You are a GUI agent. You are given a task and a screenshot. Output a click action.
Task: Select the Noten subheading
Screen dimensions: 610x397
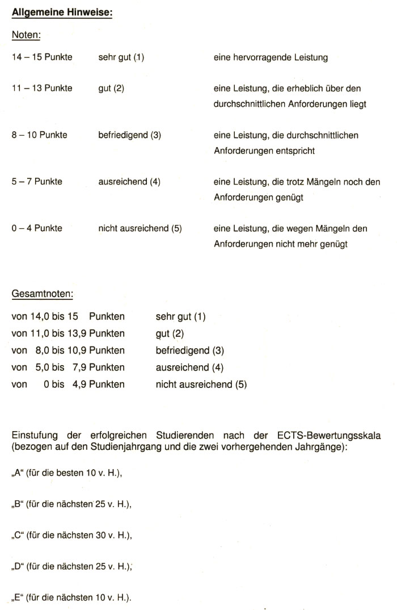coord(25,35)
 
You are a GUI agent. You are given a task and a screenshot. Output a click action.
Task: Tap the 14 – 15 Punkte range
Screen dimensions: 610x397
coord(42,57)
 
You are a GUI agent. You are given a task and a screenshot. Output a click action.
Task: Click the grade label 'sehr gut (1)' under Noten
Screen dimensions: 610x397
coord(121,57)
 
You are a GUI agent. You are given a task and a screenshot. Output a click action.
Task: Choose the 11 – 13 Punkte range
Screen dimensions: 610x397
coord(42,88)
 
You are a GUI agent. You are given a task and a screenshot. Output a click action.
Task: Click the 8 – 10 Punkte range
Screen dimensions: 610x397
coord(40,135)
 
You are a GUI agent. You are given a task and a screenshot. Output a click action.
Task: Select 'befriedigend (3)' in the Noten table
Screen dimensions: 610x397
coord(130,135)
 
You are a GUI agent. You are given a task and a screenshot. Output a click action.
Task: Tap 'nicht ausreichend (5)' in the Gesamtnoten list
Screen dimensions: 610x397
coord(201,385)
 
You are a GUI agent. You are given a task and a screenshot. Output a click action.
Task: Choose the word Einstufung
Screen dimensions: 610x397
coord(34,436)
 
